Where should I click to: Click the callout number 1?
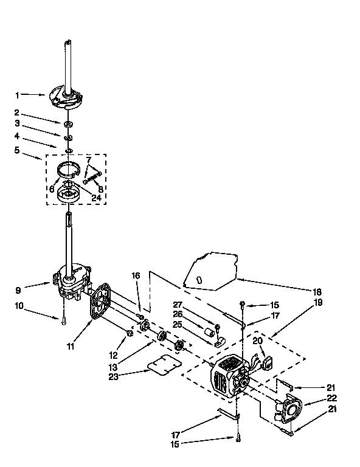(x=18, y=95)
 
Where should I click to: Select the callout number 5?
(x=18, y=150)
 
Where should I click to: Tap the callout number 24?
(x=96, y=197)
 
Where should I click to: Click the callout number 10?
(x=20, y=306)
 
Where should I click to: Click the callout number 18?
(x=317, y=291)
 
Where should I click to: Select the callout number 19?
(x=317, y=302)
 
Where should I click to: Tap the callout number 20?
(x=258, y=341)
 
